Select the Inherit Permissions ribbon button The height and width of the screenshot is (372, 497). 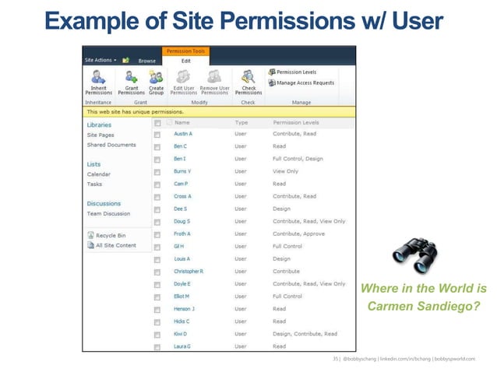point(99,82)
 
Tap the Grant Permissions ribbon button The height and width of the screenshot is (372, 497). point(132,82)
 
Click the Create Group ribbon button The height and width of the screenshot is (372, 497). point(156,82)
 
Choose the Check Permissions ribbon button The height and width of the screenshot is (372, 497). point(248,82)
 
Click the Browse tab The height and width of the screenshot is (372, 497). point(146,60)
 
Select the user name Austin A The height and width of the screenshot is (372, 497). point(183,134)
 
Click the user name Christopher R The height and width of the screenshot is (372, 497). point(189,271)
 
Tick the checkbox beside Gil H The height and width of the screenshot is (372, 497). point(157,247)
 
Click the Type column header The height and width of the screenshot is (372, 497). point(241,122)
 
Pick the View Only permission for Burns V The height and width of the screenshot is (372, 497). point(285,171)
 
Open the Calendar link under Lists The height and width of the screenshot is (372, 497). point(98,174)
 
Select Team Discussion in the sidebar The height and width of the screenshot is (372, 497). point(108,214)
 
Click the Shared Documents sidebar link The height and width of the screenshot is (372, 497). point(111,145)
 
